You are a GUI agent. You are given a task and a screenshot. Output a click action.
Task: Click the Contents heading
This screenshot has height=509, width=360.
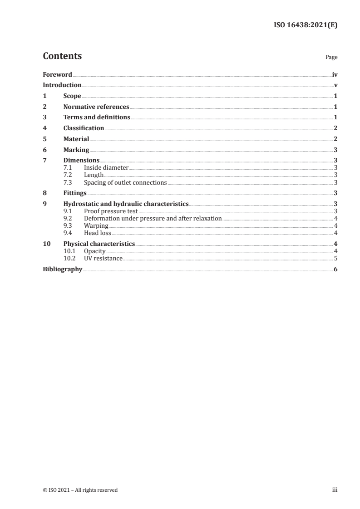click(x=62, y=56)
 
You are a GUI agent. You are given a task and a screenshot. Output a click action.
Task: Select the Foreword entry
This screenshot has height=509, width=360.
click(x=57, y=74)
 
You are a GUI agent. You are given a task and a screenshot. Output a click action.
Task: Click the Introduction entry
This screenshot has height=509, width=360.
click(x=62, y=85)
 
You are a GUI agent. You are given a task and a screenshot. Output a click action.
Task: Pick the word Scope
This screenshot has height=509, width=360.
click(x=72, y=96)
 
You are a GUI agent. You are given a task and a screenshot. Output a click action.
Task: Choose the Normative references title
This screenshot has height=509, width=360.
click(x=96, y=107)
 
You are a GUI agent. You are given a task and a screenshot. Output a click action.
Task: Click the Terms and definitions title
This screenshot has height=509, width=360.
click(x=97, y=117)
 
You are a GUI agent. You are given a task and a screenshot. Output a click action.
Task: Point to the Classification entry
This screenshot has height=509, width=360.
click(x=84, y=128)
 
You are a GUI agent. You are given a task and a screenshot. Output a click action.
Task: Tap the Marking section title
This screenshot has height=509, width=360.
click(x=76, y=150)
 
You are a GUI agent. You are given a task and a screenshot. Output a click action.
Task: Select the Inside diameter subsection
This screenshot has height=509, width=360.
click(x=106, y=168)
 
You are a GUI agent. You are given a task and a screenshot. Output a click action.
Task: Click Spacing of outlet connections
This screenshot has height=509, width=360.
click(x=125, y=183)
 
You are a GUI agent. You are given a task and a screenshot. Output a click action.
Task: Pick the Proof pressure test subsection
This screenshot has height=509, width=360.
click(x=111, y=211)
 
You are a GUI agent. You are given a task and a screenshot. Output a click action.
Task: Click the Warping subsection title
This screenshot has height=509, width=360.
click(x=96, y=225)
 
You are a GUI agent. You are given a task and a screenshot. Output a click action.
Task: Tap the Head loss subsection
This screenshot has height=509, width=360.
click(x=97, y=233)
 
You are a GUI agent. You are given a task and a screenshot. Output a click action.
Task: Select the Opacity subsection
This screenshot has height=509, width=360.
click(x=94, y=251)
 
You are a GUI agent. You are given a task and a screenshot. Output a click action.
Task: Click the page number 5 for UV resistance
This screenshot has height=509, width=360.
click(x=335, y=259)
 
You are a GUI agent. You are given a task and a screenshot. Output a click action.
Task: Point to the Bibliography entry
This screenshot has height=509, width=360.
click(x=62, y=269)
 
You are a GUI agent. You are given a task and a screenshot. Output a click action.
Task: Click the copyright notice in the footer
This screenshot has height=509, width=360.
click(x=80, y=490)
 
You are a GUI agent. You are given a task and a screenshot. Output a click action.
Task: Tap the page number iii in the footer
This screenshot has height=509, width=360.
click(x=335, y=490)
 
